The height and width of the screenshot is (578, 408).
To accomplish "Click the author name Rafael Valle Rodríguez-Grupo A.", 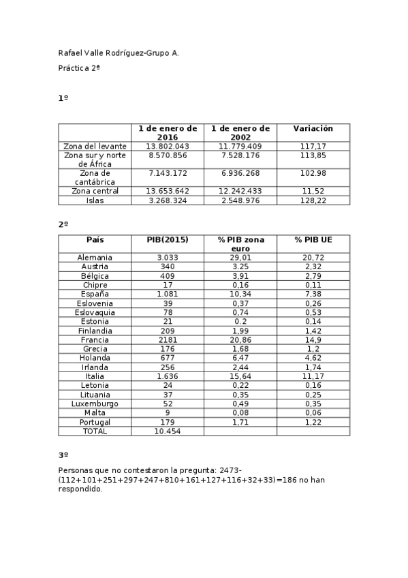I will tap(119, 52).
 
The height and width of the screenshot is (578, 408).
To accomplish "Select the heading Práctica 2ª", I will tap(79, 68).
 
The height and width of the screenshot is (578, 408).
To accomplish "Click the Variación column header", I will tap(313, 128).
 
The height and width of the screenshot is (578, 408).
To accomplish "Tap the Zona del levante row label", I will tap(95, 146).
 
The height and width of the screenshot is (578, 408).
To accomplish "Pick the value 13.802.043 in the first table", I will tap(167, 146).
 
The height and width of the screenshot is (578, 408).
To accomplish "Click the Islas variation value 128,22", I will tap(313, 200).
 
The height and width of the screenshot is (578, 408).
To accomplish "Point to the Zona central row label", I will tap(95, 191).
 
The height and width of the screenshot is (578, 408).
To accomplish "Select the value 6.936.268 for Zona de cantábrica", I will tap(240, 173).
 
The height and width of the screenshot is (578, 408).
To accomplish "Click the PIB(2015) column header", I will tap(167, 240).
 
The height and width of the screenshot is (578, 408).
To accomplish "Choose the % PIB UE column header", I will tap(313, 240).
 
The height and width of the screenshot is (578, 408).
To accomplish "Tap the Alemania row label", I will tap(95, 258).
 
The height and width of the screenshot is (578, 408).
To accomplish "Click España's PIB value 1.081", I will tap(167, 294).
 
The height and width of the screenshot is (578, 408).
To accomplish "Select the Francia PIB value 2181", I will tap(167, 339).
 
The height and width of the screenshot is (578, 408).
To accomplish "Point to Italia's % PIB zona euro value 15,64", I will tap(240, 376).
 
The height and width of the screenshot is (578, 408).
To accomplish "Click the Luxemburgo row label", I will tap(95, 404).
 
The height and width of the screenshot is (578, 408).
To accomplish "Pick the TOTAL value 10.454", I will tap(167, 431).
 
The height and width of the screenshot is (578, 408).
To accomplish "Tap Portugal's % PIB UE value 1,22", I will tap(313, 422).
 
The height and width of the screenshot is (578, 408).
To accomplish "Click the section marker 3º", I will tap(63, 455).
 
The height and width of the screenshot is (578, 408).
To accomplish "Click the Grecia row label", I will tap(95, 349).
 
